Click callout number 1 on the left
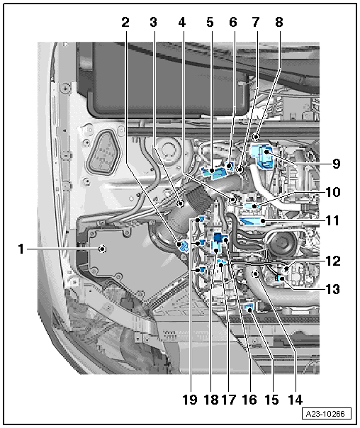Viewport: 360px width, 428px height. click(x=21, y=249)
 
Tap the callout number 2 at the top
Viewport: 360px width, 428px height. click(x=125, y=22)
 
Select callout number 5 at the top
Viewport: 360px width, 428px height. click(x=210, y=22)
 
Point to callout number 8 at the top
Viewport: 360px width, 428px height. click(x=279, y=22)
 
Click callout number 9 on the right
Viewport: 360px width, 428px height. click(x=336, y=164)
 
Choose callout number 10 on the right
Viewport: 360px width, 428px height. click(x=333, y=192)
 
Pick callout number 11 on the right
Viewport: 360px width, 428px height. click(x=332, y=220)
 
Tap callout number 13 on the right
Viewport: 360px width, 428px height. click(x=333, y=289)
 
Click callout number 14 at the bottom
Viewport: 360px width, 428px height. click(x=296, y=400)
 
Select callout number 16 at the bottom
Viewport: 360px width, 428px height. click(x=249, y=400)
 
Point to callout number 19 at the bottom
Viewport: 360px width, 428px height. click(x=190, y=400)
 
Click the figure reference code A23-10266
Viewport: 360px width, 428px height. click(x=325, y=414)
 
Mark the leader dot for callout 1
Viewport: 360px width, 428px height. click(x=102, y=249)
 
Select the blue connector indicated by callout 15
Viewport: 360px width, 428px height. click(x=249, y=308)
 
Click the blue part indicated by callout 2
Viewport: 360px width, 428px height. click(x=183, y=246)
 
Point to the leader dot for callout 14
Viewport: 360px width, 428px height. click(x=255, y=274)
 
